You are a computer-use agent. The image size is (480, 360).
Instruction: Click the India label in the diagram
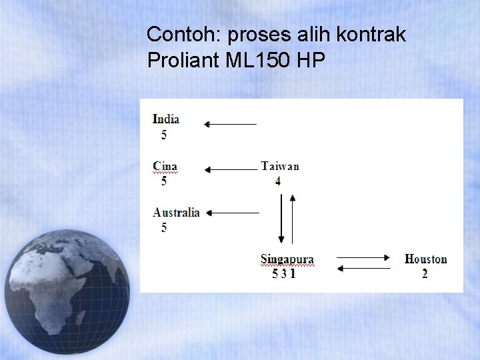(166, 119)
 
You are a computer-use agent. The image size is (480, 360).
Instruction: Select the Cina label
(165, 166)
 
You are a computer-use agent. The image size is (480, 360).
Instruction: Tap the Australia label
(176, 213)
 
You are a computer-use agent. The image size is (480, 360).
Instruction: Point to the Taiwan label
(280, 166)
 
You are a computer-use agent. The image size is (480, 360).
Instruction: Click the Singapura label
(287, 259)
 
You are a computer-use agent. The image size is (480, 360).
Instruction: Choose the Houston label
(425, 259)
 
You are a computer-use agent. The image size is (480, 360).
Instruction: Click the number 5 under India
(164, 135)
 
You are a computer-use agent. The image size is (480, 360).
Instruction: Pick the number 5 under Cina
(164, 181)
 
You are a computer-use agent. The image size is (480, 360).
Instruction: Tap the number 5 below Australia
(164, 228)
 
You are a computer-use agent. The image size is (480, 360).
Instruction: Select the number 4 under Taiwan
(278, 181)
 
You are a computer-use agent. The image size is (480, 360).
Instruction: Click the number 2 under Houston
(425, 273)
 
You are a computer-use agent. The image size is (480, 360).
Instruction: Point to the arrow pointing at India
(230, 124)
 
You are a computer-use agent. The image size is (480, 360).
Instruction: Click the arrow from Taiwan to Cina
(231, 170)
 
